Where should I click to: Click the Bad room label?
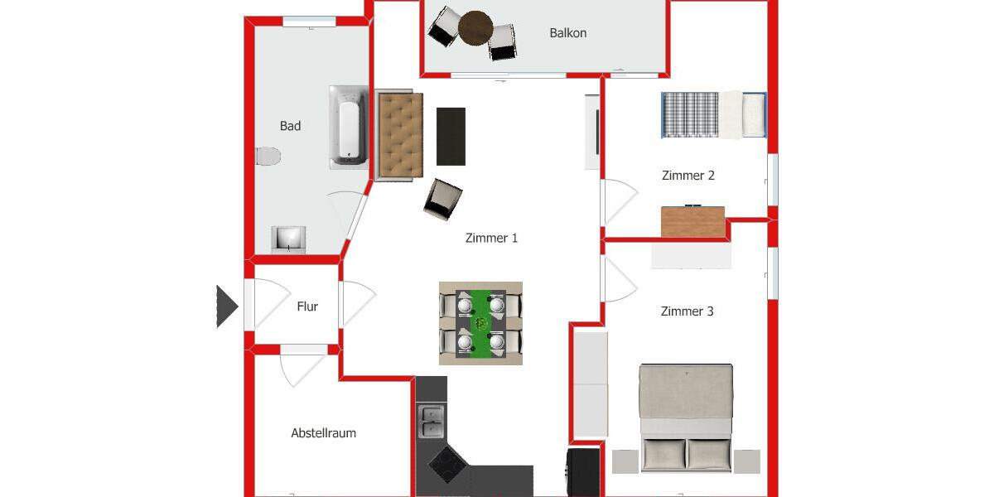pos(290,126)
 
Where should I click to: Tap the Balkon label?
pos(567,33)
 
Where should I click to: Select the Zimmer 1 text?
pos(491,238)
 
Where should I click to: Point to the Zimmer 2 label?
pos(688,176)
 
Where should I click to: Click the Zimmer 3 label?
pos(687,311)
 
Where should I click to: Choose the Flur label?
pos(307,306)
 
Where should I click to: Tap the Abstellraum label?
pos(323,433)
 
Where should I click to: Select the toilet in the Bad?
pos(268,156)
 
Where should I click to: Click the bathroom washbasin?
pos(289,239)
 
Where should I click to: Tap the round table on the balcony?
pos(475,27)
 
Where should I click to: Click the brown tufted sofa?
pos(400,136)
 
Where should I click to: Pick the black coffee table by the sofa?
pos(451,137)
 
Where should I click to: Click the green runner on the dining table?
pos(480,323)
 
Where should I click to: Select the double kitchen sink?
pos(431,421)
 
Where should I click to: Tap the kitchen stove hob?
pos(448,464)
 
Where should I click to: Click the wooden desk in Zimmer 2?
pos(692,222)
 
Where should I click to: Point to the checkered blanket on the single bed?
pos(689,114)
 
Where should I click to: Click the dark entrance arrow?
pos(226,306)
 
